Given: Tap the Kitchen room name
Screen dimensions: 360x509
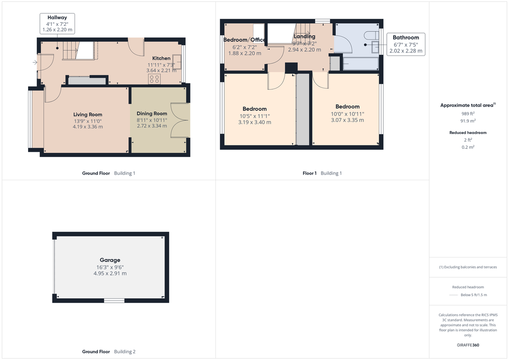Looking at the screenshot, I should (161, 59).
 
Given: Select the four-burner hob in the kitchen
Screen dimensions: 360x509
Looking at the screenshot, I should (154, 78).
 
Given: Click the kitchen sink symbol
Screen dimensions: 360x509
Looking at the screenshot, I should (177, 65).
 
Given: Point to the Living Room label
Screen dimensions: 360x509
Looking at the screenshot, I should (88, 114).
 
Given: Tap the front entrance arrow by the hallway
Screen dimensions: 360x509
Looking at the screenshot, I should (34, 63).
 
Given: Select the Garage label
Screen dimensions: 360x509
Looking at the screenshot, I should (110, 260).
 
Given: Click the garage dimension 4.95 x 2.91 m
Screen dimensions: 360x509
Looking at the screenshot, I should (110, 273).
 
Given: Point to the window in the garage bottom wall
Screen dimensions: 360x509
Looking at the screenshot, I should (115, 301).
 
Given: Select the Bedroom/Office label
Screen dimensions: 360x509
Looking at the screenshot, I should (244, 40).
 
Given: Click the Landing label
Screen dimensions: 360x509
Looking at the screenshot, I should (305, 36).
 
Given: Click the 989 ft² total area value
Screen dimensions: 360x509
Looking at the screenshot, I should (468, 114).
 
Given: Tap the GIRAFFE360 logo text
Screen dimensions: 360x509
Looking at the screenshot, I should (468, 345).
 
